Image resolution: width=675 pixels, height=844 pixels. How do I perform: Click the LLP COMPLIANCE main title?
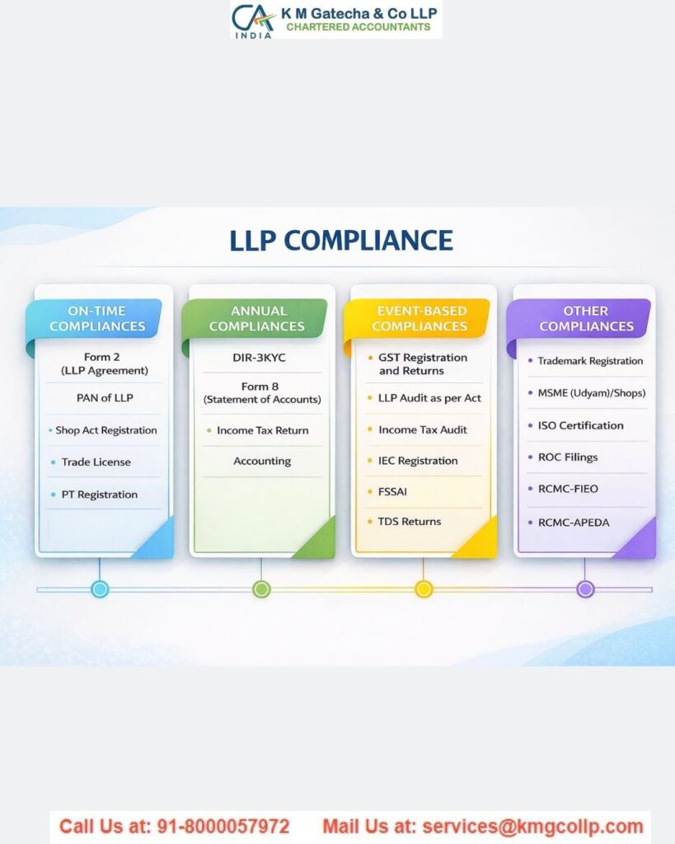coord(340,240)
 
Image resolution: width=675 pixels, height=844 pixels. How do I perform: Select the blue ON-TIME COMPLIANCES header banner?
coord(97,319)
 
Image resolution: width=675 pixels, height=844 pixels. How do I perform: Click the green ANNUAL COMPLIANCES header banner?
coord(259,319)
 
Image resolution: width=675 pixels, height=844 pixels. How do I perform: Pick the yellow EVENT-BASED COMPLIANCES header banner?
coord(421,319)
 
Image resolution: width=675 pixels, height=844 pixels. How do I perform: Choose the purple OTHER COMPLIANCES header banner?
coord(585,319)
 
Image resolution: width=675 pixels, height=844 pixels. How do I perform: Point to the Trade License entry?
coord(96,462)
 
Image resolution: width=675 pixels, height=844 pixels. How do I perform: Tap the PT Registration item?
coord(99,495)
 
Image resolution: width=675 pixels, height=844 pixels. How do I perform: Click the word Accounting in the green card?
coord(262,462)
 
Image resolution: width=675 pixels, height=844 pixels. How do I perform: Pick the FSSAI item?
coord(392,491)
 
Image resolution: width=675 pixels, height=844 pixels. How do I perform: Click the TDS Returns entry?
coord(410,521)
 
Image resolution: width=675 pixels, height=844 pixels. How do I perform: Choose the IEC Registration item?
coord(418,461)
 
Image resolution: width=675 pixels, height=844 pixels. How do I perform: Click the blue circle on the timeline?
coord(100,589)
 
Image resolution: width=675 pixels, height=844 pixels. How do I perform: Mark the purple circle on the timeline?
coord(585,589)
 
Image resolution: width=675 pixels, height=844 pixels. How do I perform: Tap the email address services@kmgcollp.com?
coord(532,827)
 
